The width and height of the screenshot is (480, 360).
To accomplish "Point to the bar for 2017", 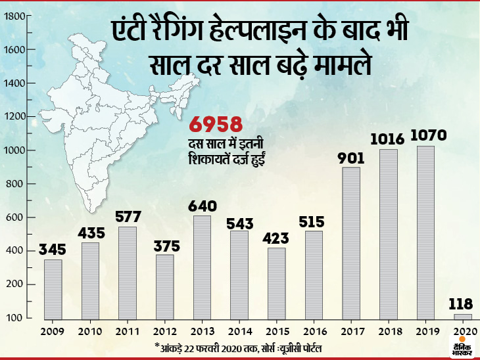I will [352, 243].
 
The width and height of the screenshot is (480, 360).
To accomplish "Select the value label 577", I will [128, 215].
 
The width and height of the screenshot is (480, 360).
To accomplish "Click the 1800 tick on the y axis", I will [14, 16].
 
